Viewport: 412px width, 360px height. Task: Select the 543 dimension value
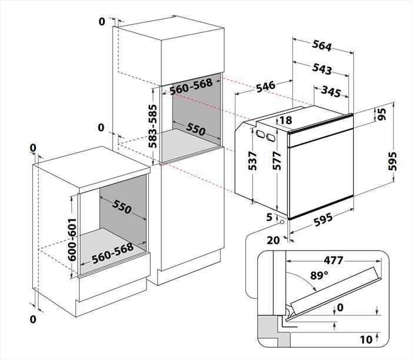coord(321,69)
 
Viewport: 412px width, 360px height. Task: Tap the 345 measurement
coord(332,91)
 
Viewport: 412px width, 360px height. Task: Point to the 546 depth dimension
coord(265,86)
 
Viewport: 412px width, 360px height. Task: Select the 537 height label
coord(252,161)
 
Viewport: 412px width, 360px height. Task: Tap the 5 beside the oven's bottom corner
coord(270,217)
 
